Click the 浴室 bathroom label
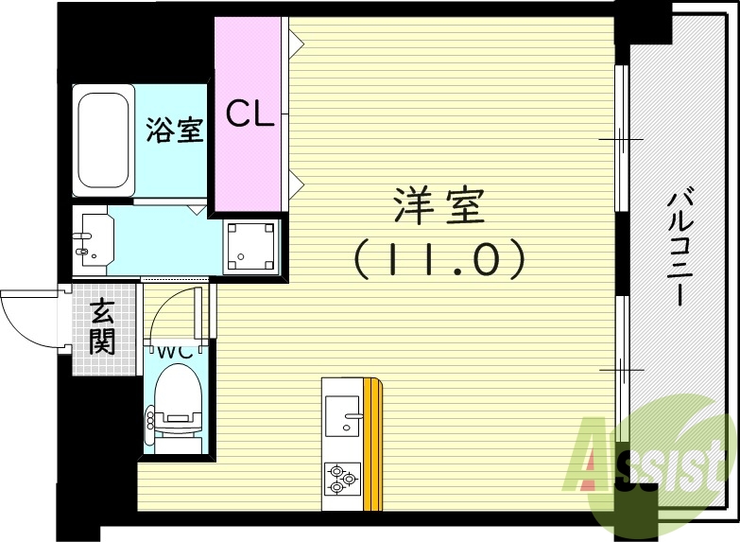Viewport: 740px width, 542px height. pyautogui.click(x=175, y=131)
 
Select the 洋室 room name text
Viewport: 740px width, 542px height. pyautogui.click(x=439, y=206)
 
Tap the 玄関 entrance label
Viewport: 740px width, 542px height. pyautogui.click(x=101, y=326)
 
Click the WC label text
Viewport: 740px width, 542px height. pyautogui.click(x=176, y=350)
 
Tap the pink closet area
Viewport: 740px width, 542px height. pyautogui.click(x=248, y=161)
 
